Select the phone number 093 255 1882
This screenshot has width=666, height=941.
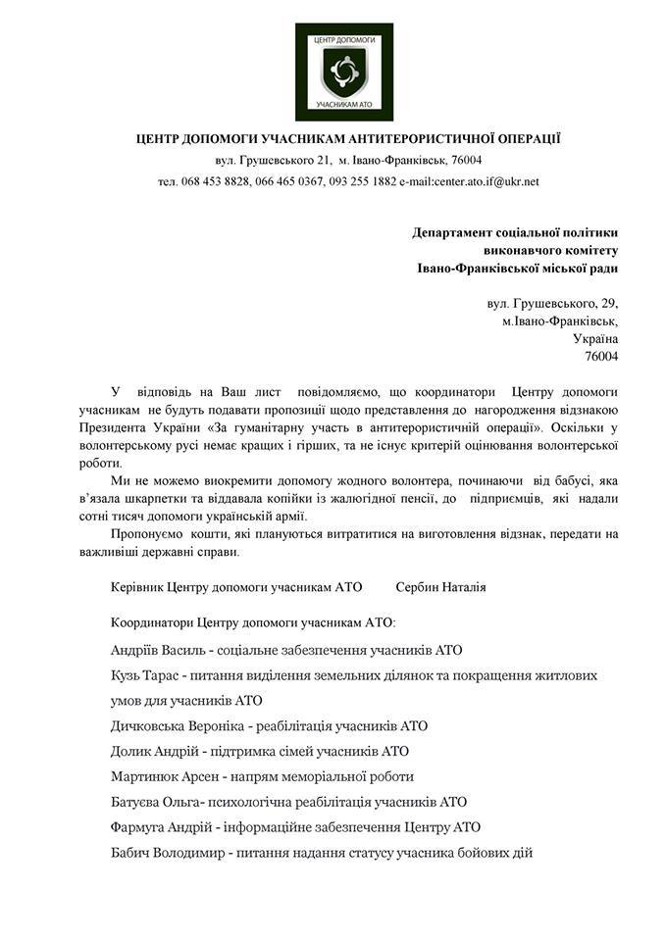[x=359, y=181]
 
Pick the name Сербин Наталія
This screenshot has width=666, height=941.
[x=441, y=587]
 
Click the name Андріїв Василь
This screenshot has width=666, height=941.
[x=160, y=650]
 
